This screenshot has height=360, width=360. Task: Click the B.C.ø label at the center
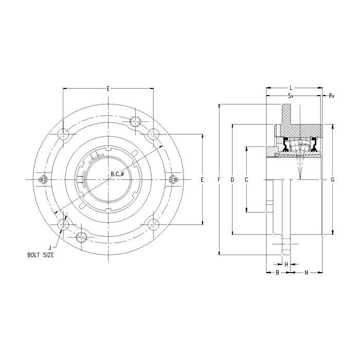point(117,174)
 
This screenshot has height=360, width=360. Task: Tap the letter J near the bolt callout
point(50,248)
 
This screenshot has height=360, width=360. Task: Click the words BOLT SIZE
point(41,255)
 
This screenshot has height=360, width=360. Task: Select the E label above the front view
point(108,88)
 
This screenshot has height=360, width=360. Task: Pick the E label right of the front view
point(202,179)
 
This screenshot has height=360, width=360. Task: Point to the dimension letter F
point(219,179)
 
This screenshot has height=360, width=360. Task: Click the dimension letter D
point(232,179)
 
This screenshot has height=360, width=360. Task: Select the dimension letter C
point(246,179)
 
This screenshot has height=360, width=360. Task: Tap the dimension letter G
point(333,179)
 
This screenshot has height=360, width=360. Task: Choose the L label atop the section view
point(291,88)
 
